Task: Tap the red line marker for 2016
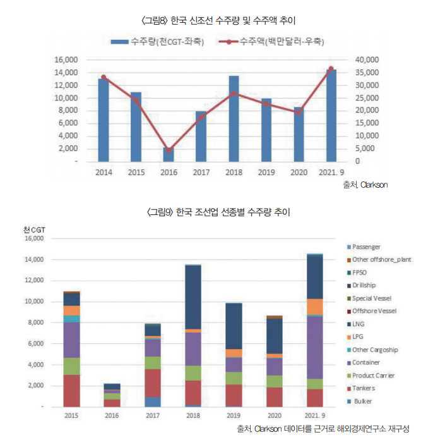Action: coord(169,150)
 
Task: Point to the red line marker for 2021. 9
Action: coord(331,69)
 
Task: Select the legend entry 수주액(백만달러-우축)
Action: coord(275,42)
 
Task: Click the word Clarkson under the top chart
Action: coord(374,185)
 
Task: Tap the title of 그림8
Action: coord(211,21)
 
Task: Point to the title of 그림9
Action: coord(211,212)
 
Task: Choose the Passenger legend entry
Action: coord(367,247)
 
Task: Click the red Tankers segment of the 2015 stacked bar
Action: coord(71,391)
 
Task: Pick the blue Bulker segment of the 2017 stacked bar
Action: coord(152,402)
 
